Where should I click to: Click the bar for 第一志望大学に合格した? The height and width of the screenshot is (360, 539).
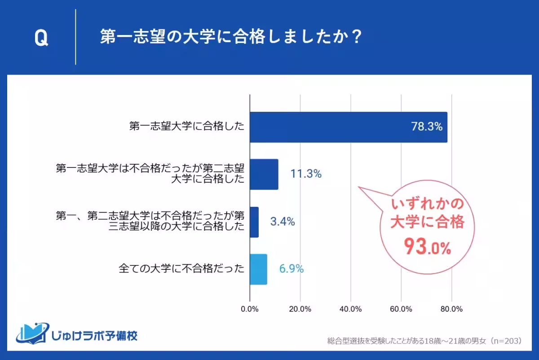(348, 127)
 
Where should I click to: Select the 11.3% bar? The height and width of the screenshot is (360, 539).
(264, 174)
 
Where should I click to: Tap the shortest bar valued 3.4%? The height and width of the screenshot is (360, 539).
(254, 222)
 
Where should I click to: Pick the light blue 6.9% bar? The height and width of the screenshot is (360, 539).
(258, 269)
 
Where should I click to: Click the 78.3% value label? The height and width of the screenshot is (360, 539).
(427, 127)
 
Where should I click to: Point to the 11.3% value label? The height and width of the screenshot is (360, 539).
(306, 174)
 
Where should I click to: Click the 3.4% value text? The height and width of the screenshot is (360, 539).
(283, 222)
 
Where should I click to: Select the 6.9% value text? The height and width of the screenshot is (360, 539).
(292, 269)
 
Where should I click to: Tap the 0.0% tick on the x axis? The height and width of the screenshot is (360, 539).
(250, 309)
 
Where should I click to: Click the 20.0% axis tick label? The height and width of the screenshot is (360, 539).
(300, 309)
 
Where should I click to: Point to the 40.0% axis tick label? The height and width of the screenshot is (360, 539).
(351, 309)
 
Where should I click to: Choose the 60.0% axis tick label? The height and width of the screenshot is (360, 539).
(401, 309)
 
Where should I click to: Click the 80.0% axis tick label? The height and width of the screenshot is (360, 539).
(451, 309)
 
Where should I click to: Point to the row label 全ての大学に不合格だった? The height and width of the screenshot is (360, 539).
(181, 269)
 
